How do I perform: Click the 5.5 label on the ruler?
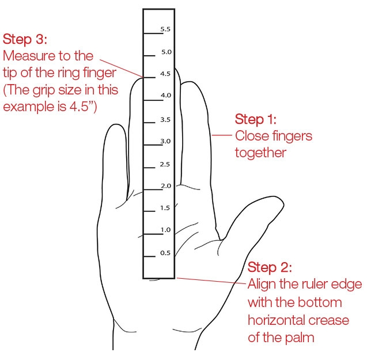click(165, 29)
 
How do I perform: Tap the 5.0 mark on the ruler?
click(166, 52)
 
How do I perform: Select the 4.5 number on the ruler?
click(166, 73)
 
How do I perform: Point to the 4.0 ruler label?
click(166, 95)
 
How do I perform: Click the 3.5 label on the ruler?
click(165, 120)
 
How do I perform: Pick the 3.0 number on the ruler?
click(165, 141)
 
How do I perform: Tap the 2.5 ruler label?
click(165, 165)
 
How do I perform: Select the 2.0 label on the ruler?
click(165, 186)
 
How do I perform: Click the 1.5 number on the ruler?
click(165, 208)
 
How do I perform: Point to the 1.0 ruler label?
click(165, 230)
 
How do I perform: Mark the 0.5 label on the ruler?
click(165, 253)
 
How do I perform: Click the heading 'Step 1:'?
click(255, 120)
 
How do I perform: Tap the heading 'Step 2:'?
click(270, 268)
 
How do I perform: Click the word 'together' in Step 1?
click(260, 153)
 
